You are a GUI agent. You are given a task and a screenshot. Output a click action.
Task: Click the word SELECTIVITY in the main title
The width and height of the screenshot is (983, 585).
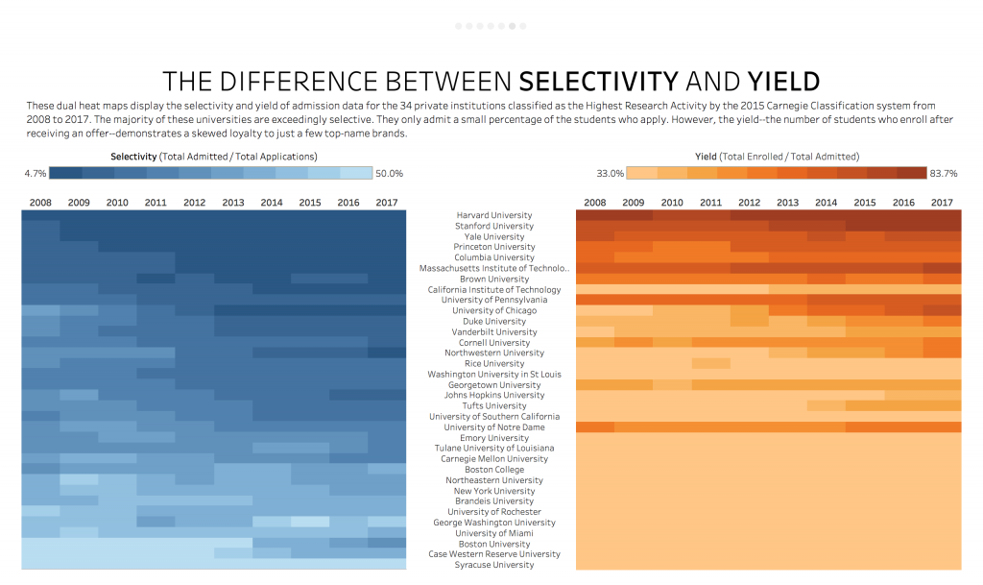(599, 82)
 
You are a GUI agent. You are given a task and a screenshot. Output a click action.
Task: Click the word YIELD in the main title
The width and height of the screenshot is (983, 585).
(783, 82)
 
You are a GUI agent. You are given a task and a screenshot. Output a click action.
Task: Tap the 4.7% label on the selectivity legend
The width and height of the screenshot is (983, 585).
(36, 174)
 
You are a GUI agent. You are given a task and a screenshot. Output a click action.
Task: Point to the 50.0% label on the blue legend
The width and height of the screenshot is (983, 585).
(390, 174)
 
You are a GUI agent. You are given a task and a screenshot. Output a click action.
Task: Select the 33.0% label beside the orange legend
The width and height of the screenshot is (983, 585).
(610, 174)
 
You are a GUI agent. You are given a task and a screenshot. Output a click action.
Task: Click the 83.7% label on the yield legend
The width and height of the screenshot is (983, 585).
(944, 174)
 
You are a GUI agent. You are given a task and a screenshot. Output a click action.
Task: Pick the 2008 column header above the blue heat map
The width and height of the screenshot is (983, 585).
(40, 203)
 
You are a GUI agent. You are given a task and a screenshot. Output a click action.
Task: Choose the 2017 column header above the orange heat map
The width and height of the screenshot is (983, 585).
(942, 203)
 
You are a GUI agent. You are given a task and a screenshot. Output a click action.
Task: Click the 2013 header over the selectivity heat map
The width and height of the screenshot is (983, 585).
(233, 203)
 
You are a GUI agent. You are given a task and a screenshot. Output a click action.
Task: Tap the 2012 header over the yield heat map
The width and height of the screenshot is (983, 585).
(749, 203)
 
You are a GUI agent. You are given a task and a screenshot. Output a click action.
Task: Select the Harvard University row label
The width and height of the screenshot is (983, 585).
(494, 215)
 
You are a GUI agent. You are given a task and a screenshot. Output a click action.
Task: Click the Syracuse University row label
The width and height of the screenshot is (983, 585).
(494, 565)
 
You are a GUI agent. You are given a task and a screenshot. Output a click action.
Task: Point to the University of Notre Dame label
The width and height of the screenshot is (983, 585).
(494, 427)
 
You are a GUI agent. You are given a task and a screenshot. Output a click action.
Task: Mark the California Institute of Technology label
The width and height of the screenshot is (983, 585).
(494, 290)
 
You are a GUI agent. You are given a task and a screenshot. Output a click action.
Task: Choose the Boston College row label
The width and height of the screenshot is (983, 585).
(494, 470)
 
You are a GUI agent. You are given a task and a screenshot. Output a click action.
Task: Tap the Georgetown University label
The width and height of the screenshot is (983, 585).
(494, 385)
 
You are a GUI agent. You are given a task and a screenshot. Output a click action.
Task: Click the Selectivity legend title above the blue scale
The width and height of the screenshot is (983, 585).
(214, 157)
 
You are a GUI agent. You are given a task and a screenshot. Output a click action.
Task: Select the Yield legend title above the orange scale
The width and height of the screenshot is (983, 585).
(777, 157)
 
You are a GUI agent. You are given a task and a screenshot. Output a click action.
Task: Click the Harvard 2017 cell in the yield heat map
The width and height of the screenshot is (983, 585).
(942, 215)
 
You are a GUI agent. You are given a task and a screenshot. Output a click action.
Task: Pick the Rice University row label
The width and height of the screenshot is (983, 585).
(494, 364)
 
